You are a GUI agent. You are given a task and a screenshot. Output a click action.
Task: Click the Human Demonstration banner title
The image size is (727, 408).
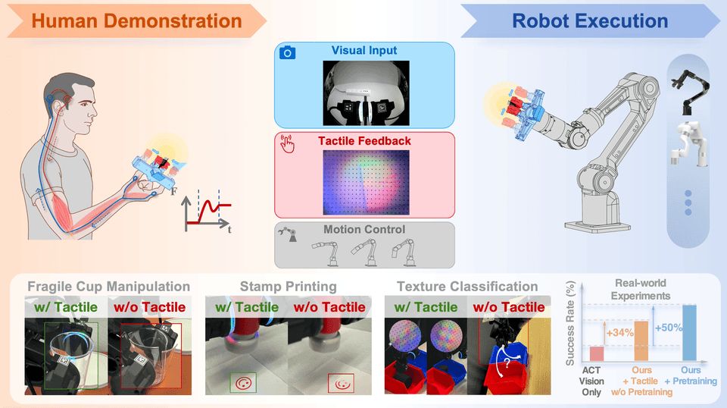pos(137,21)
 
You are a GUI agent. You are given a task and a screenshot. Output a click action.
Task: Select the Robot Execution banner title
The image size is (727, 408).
pos(590,21)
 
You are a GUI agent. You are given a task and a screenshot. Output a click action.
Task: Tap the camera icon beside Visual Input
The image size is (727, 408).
pos(288,52)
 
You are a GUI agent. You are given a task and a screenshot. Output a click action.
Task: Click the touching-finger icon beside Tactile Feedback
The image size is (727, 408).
pos(288,143)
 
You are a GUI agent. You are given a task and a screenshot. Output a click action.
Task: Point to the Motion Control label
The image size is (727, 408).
pos(364,229)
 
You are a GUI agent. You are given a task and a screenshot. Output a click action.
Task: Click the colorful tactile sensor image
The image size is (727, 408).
pos(366,183)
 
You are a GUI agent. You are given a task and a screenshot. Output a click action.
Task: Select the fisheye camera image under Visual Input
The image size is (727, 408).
pos(366,93)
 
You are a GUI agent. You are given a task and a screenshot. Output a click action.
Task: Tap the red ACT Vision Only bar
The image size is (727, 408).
pos(596,353)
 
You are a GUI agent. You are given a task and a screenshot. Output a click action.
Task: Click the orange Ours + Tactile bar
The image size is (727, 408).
pos(641,341)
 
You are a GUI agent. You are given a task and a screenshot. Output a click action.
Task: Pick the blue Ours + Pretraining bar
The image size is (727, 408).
pos(689,333)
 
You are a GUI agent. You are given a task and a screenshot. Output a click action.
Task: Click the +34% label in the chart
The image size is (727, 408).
pos(619,333)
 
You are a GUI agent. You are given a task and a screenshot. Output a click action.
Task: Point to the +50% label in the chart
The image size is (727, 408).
pos(668,328)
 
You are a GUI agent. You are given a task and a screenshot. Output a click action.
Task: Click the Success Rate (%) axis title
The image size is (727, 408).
pos(570,323)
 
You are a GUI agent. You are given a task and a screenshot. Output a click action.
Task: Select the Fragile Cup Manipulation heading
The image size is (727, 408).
pos(108,287)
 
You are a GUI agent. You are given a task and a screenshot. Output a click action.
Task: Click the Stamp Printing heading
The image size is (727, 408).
pos(288,287)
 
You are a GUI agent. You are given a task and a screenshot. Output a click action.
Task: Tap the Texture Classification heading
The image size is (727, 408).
pos(467,287)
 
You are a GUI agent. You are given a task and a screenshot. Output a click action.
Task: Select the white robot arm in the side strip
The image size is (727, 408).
pos(688,144)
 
